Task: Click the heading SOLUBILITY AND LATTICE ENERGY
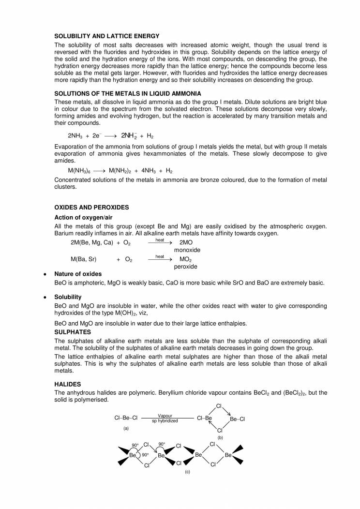pyautogui.click(x=107, y=36)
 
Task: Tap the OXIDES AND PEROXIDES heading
pyautogui.click(x=91, y=207)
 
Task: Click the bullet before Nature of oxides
pyautogui.click(x=45, y=274)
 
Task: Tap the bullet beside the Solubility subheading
pyautogui.click(x=45, y=297)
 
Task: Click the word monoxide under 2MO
pyautogui.click(x=187, y=250)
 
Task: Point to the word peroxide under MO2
pyautogui.click(x=186, y=267)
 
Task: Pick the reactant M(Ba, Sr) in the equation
pyautogui.click(x=84, y=259)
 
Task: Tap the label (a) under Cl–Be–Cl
pyautogui.click(x=126, y=428)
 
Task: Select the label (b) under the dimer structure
pyautogui.click(x=220, y=437)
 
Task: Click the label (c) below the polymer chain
pyautogui.click(x=187, y=472)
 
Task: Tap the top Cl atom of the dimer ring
pyautogui.click(x=219, y=406)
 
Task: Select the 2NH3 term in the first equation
pyautogui.click(x=76, y=136)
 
